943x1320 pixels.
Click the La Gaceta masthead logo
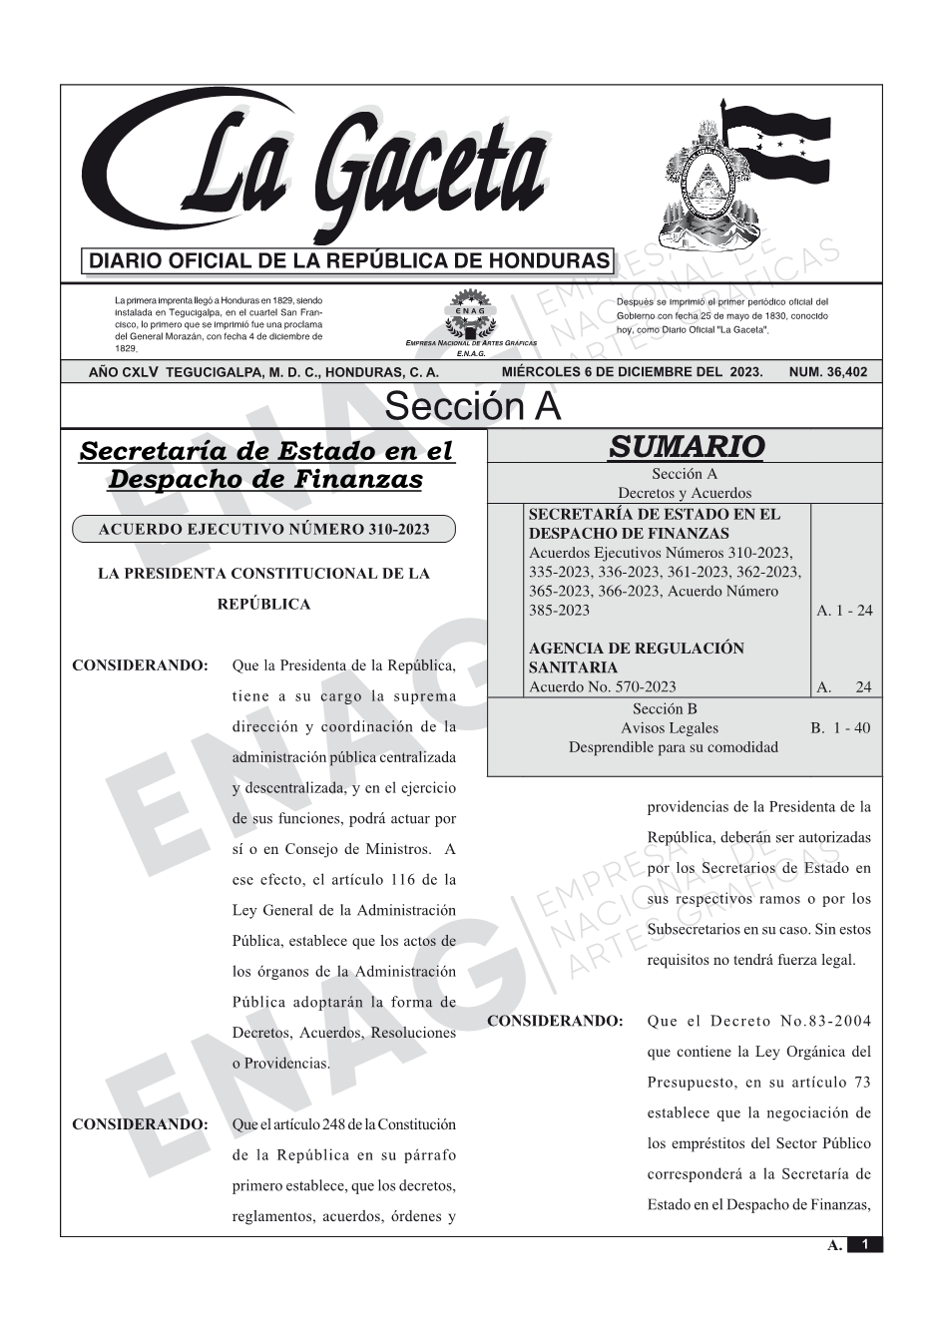[x=319, y=170]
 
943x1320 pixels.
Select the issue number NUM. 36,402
[x=827, y=372]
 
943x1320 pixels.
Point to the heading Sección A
[x=472, y=407]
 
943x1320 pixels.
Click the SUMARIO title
[x=686, y=446]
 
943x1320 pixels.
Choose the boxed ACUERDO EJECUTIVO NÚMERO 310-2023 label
[x=263, y=529]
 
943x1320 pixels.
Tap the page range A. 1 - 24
[x=844, y=611]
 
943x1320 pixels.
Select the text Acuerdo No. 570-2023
[x=602, y=686]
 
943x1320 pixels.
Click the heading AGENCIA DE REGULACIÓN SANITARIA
[x=636, y=658]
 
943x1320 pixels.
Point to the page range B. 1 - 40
[x=840, y=728]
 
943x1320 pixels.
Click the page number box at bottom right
[x=864, y=1244]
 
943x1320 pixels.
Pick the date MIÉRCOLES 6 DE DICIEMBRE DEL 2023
[x=632, y=372]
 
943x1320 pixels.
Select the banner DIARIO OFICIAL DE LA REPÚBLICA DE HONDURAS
[x=348, y=261]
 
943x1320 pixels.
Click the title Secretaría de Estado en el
[x=265, y=451]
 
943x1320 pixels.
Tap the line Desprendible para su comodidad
[x=673, y=747]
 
